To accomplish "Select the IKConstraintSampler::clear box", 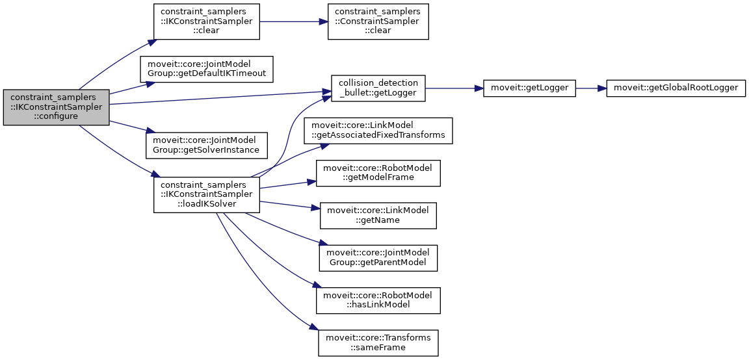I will click(x=206, y=21).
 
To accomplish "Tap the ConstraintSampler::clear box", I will click(x=378, y=21).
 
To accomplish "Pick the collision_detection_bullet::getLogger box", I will click(x=378, y=88).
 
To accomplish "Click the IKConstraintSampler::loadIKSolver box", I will click(x=206, y=194).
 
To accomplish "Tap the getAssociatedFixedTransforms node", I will click(x=378, y=131).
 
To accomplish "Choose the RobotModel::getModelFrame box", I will click(x=378, y=172).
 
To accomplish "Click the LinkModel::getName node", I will click(x=378, y=215).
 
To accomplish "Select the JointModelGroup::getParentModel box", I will click(x=378, y=257).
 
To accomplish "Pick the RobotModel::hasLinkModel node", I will click(x=378, y=300).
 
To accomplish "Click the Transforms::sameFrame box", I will click(x=378, y=342).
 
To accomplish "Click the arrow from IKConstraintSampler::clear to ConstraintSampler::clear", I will click(x=293, y=21).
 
